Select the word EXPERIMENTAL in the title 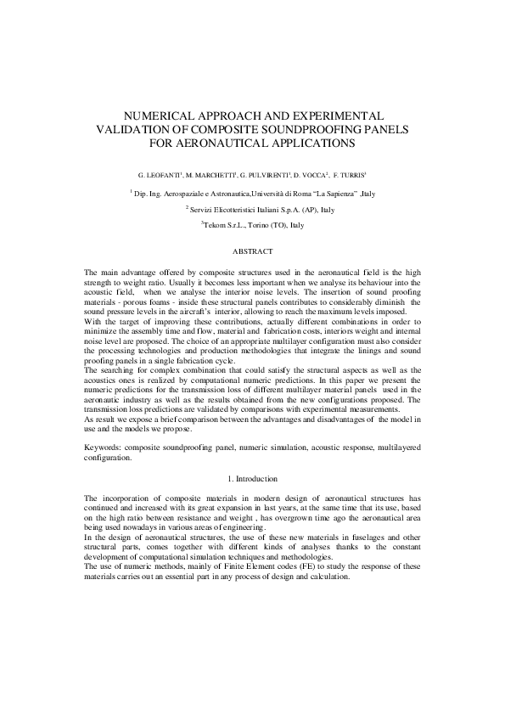331,115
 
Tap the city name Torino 252,225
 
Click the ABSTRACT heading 253,252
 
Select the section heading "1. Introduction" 253,480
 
